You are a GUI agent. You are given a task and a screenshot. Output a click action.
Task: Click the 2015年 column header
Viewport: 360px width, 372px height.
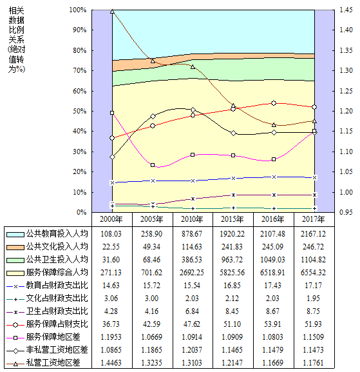[232, 219]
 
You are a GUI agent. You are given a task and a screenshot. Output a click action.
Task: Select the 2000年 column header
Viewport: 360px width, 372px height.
[111, 219]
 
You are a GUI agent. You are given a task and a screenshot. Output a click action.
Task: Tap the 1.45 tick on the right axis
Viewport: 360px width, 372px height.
[346, 10]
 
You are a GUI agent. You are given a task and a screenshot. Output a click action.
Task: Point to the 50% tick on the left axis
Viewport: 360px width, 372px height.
[80, 111]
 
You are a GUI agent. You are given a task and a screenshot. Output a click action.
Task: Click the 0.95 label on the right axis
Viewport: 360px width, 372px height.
[346, 212]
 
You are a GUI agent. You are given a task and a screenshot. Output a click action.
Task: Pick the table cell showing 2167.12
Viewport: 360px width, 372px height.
[314, 234]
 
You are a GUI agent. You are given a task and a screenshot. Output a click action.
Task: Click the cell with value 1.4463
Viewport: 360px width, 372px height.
[111, 363]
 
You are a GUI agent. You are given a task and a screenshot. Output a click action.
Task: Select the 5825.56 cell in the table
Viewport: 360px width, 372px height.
[232, 273]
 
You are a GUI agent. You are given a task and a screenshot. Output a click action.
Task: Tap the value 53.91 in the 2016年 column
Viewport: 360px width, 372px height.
[272, 324]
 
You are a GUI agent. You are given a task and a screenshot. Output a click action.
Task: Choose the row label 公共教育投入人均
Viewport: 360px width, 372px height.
[57, 233]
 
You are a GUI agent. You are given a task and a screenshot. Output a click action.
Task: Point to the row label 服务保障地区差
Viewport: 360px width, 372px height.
[53, 337]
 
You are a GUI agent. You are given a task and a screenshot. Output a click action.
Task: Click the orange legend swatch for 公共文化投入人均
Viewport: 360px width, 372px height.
[15, 248]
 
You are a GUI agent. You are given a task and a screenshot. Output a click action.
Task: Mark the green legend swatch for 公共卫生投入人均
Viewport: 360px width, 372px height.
[15, 260]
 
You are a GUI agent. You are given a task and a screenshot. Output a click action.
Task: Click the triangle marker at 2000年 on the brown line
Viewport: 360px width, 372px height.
[112, 12]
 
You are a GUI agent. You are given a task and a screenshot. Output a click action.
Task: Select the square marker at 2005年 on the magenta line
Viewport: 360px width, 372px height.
[153, 165]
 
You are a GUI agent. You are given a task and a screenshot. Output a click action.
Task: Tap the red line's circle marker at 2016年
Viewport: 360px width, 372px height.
[274, 103]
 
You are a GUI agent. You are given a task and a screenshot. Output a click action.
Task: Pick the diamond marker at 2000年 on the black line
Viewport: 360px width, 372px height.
[112, 157]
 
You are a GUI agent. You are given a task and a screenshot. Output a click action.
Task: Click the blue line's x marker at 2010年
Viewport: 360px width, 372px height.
[193, 181]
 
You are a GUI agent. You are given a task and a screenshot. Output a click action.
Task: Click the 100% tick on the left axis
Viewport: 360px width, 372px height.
[78, 10]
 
